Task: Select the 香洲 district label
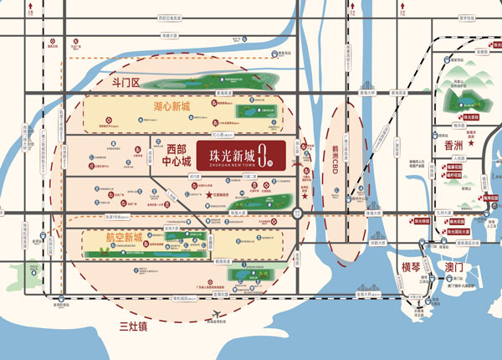448,146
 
